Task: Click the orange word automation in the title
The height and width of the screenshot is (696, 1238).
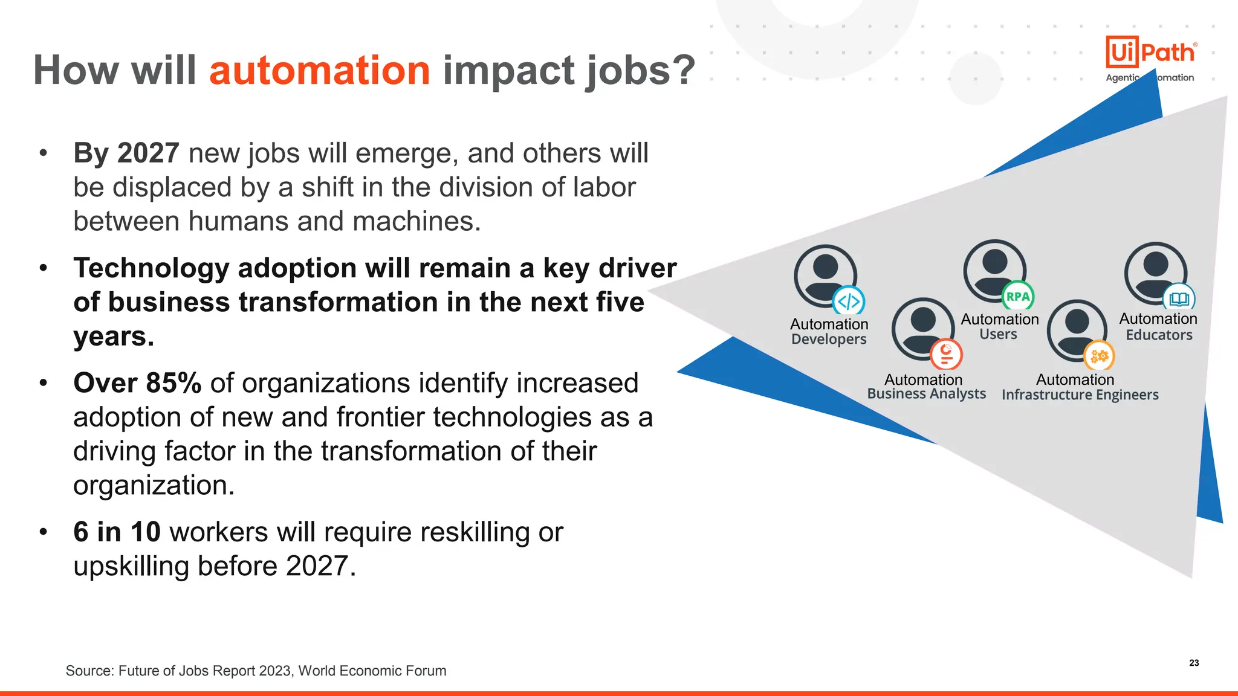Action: (319, 71)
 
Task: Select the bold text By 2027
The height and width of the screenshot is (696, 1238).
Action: (126, 153)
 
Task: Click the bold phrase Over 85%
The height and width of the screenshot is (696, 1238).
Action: (137, 383)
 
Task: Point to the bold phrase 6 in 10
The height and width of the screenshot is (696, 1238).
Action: (117, 532)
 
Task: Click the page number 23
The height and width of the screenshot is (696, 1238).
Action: (1194, 663)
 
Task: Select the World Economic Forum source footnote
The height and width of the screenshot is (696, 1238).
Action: (256, 671)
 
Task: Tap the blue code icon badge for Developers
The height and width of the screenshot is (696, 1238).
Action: (849, 300)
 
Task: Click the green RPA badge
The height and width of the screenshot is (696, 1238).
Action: (1018, 297)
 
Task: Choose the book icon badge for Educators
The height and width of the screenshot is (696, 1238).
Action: (1179, 298)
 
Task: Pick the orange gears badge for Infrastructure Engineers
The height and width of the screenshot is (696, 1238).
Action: (1099, 356)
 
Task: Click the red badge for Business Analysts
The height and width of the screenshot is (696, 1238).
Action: (946, 354)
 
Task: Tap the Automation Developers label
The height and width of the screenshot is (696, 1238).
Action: (829, 332)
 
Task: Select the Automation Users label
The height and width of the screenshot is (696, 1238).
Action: (999, 326)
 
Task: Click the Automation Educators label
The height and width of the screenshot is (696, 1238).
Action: (1158, 326)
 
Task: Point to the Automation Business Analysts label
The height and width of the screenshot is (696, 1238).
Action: (925, 387)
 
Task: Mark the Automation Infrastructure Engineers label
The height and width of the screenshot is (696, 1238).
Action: (1080, 387)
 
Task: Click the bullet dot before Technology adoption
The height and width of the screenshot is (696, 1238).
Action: (43, 268)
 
